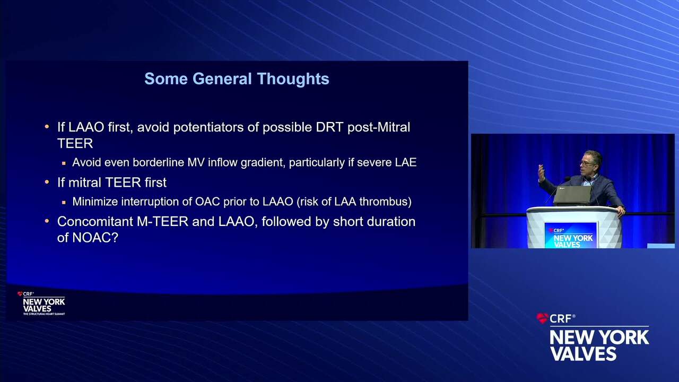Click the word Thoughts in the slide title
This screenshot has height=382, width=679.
tap(293, 80)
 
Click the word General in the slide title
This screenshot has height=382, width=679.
tap(222, 79)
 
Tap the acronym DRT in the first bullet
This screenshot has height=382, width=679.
tap(329, 127)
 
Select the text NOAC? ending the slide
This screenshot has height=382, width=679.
tap(95, 238)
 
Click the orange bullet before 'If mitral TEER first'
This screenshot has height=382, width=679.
tap(47, 182)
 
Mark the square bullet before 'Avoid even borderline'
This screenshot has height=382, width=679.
tap(64, 163)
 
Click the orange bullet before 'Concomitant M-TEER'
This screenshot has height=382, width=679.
tap(47, 221)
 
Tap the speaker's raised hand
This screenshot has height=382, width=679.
tap(541, 173)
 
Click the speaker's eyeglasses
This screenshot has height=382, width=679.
tap(587, 163)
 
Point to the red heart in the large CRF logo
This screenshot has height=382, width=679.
tap(542, 318)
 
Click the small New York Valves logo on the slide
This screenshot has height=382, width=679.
tap(41, 303)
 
